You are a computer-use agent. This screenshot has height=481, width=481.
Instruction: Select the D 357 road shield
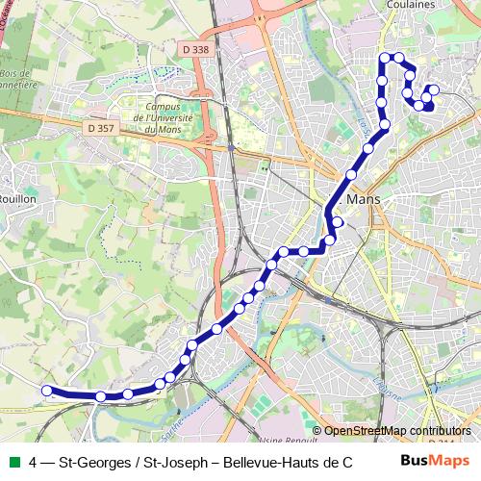point(98,127)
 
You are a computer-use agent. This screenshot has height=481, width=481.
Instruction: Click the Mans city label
point(363,199)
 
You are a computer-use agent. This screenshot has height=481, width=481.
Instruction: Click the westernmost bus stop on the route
point(45,390)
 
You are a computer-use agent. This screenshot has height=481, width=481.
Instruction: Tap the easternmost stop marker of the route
point(433,90)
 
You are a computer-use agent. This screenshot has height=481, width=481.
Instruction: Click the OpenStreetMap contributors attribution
point(392,430)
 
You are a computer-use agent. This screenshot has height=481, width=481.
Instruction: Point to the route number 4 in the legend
point(34,463)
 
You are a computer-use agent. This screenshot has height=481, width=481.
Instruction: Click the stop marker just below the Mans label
point(338,222)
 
